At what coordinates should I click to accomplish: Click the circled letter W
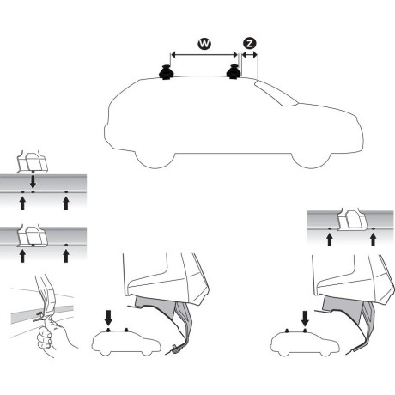pos(203,42)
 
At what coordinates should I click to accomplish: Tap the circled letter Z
pos(249,42)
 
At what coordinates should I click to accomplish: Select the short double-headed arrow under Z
pos(250,56)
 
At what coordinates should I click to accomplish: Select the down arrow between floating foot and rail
pos(32,181)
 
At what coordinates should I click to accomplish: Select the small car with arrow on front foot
pos(300,343)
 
